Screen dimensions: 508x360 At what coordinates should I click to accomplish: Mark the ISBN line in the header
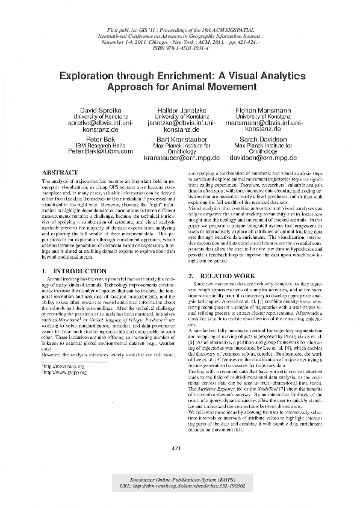click(181, 48)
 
